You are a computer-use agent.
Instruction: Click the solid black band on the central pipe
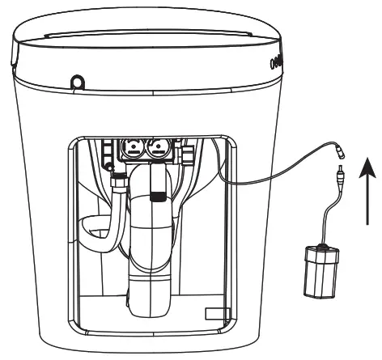(x=155, y=194)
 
